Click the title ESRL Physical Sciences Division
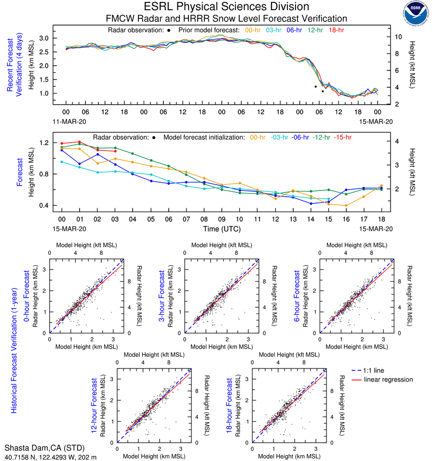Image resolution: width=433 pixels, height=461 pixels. [226, 7]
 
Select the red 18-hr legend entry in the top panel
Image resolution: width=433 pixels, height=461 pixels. [336, 30]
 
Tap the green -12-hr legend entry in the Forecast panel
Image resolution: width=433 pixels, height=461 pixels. [321, 137]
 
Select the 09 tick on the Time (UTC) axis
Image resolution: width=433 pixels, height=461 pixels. [221, 218]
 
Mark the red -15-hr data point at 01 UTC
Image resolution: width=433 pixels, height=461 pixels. [80, 142]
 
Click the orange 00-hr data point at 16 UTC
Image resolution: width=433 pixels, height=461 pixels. [346, 205]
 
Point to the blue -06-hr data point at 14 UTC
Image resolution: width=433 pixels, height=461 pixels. [311, 203]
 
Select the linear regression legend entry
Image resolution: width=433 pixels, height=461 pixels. [388, 380]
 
